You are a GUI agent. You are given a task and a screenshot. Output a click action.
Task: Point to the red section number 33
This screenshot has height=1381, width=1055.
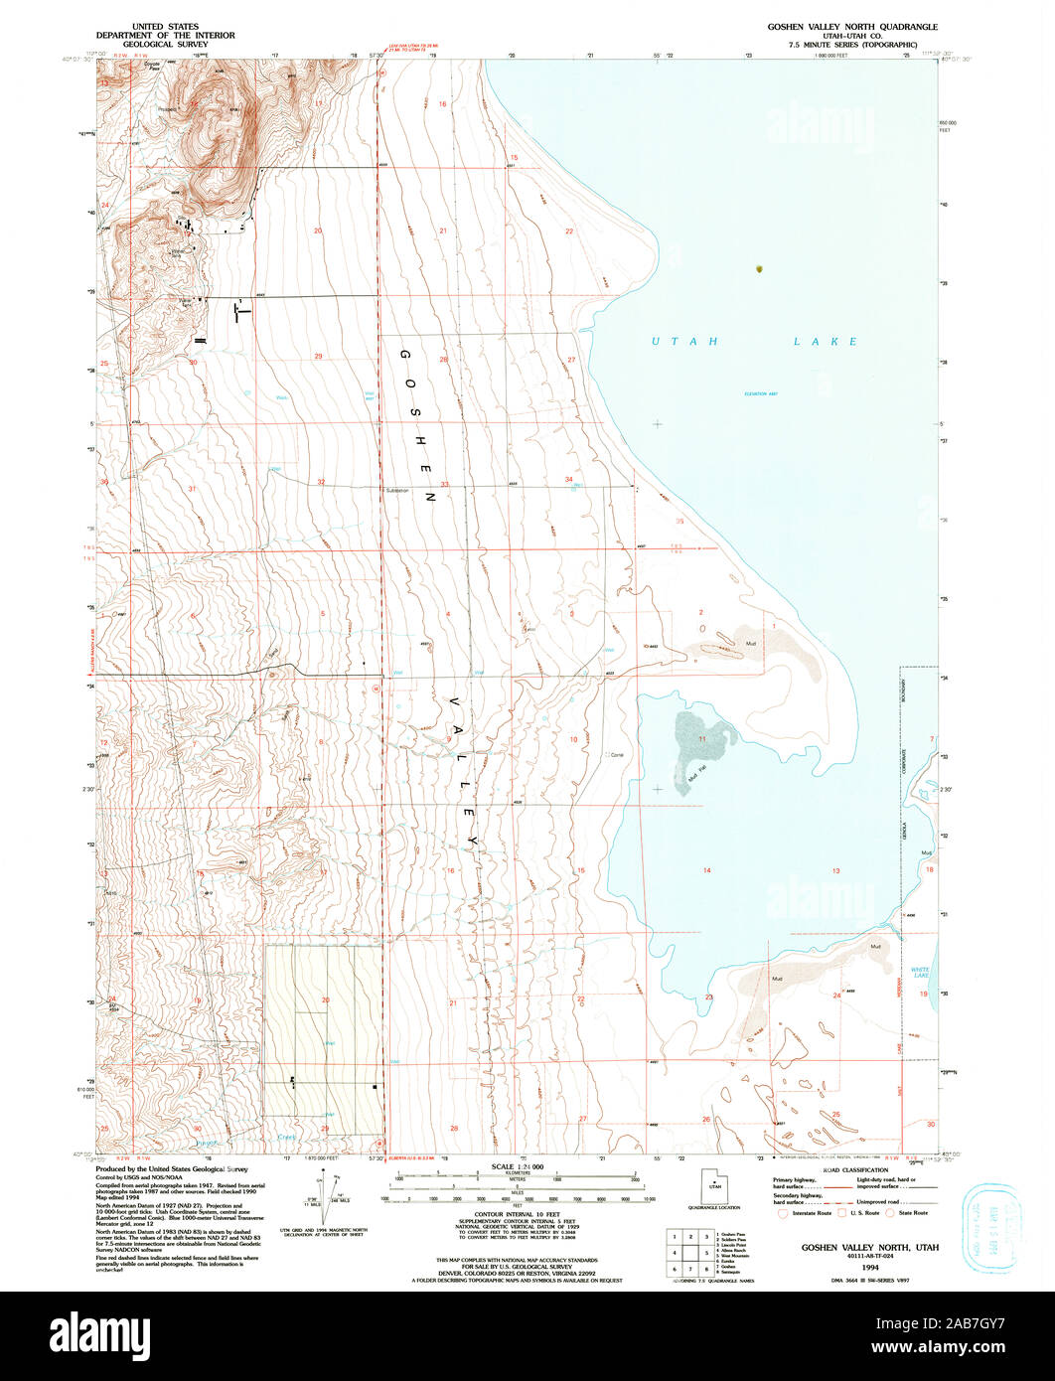[445, 484]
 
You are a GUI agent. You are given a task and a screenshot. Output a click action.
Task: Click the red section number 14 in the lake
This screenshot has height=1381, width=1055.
[707, 870]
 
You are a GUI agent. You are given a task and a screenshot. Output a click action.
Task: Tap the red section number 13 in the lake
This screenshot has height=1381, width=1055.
[836, 870]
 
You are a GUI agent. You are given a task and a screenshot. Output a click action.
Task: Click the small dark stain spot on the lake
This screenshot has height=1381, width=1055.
[760, 267]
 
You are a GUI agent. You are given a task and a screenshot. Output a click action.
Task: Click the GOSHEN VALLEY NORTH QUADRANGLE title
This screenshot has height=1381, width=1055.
[851, 26]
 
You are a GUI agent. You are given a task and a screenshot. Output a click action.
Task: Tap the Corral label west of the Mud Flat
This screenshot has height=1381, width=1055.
[616, 755]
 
